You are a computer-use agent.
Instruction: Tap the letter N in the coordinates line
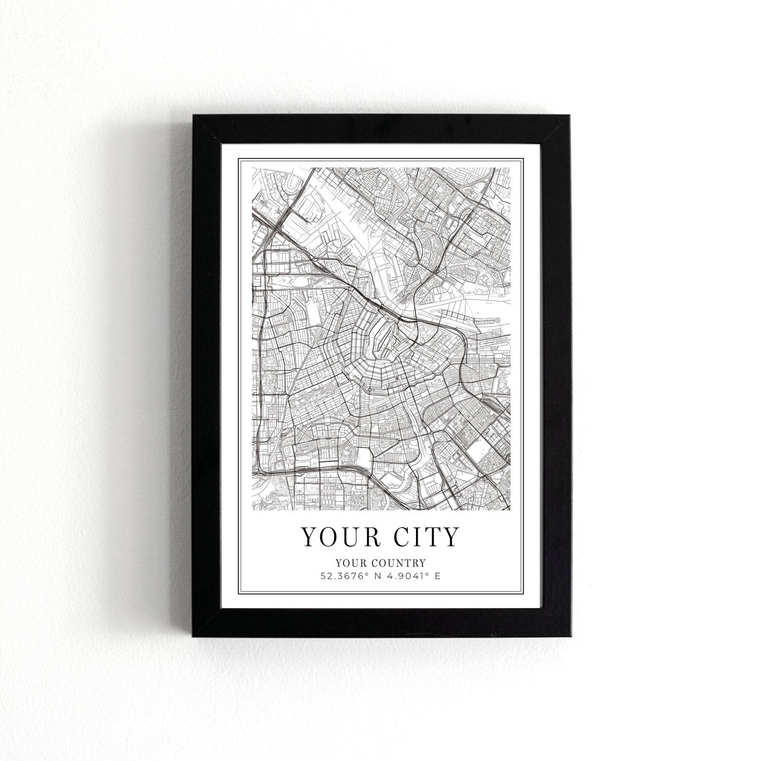tap(377, 576)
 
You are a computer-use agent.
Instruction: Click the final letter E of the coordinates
tap(437, 576)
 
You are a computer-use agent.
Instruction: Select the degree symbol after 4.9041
tap(424, 574)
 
